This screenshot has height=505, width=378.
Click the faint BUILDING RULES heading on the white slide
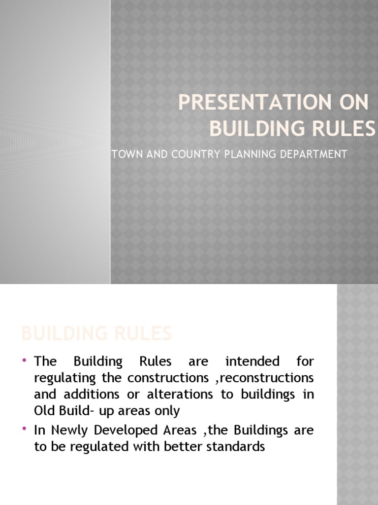click(96, 334)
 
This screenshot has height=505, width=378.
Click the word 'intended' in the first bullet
click(252, 361)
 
